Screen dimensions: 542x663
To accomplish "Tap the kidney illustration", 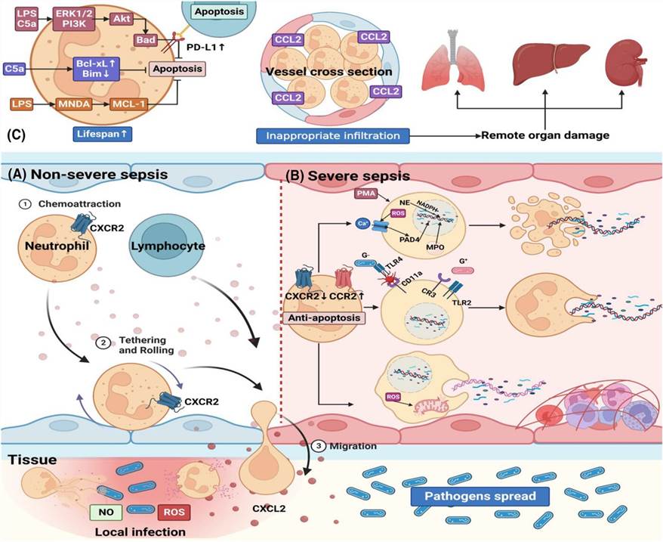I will (x=623, y=64).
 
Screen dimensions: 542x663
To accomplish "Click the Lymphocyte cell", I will (x=164, y=246).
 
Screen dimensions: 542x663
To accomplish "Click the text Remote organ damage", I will (x=544, y=136).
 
